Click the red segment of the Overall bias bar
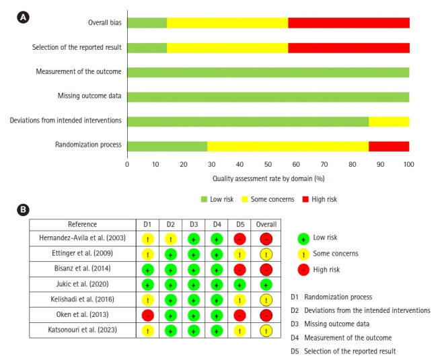point(349,23)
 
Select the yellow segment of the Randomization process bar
point(288,146)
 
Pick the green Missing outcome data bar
point(268,96)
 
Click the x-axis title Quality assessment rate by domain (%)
point(268,178)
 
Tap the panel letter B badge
point(23,210)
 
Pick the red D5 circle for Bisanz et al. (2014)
point(239,269)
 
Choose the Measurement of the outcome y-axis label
point(79,72)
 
